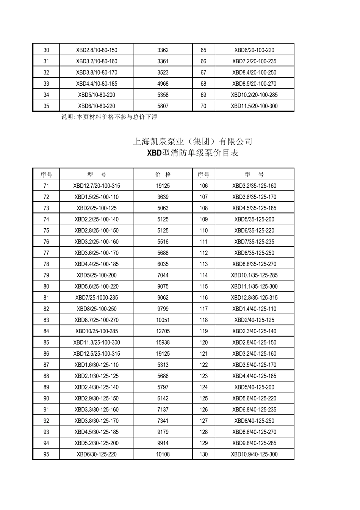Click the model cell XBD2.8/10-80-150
97,50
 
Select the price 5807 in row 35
163,106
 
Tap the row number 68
203,84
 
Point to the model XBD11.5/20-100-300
254,106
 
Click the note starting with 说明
109,117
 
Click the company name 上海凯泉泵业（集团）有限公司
193,142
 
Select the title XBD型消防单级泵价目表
193,153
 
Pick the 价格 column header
163,175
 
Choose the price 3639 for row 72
163,197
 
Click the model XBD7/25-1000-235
97,298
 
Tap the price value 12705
163,331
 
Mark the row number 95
46,454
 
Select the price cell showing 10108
163,454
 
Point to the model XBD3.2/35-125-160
254,186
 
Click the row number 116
203,298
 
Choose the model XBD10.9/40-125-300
254,454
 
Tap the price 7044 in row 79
163,275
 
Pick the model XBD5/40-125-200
254,387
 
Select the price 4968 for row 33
163,84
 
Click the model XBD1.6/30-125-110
97,365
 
